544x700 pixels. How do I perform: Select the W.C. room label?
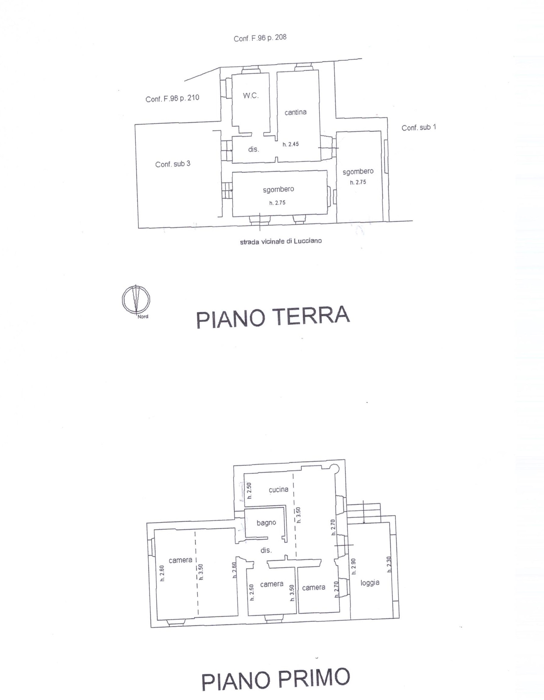250,96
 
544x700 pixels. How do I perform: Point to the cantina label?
295,112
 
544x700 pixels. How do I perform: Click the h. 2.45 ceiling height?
290,144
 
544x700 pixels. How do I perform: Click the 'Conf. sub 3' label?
173,164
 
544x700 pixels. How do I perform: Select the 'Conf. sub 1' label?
419,128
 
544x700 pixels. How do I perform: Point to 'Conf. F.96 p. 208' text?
260,38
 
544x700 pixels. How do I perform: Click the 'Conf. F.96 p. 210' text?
172,98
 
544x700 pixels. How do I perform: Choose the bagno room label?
266,523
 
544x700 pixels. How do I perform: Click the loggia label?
370,583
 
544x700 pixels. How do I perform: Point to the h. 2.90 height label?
353,566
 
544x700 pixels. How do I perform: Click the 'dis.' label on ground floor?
254,149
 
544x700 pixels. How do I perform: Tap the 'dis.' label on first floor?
266,550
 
